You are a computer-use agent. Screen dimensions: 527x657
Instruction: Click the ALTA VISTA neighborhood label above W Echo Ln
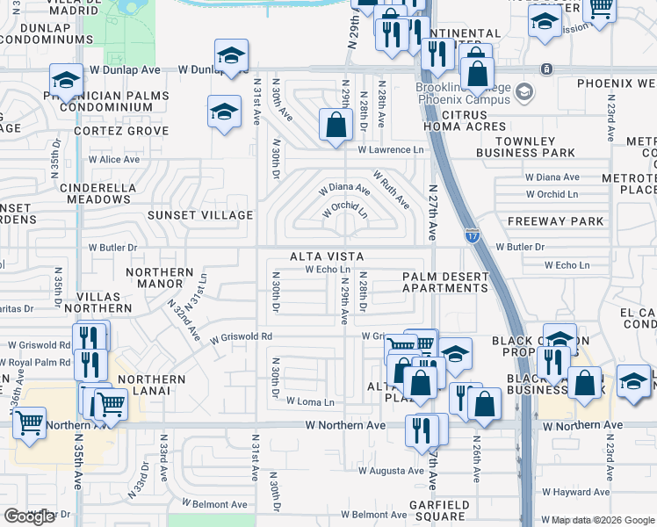[327, 256]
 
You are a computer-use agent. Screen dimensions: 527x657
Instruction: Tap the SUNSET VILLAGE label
[200, 215]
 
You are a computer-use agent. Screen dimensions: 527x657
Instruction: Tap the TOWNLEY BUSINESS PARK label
[537, 147]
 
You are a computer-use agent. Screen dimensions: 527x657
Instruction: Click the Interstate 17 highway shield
[471, 235]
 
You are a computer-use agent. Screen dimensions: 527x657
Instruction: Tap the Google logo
[29, 516]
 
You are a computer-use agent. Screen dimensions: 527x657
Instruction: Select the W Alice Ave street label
[113, 160]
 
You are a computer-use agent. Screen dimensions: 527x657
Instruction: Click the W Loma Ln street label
[310, 402]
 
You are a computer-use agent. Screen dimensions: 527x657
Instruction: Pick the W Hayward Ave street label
[577, 493]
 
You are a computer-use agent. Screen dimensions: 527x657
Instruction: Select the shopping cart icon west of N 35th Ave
[30, 423]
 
